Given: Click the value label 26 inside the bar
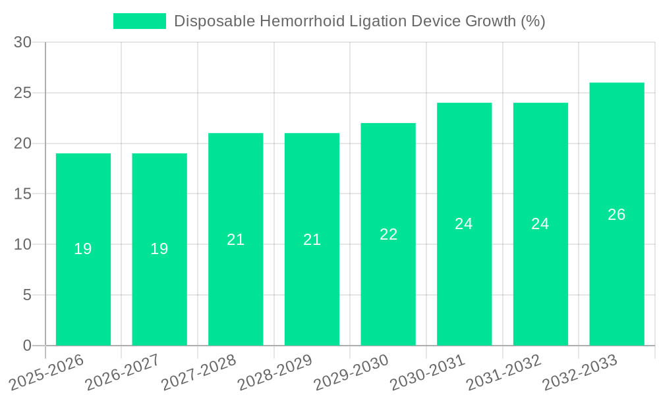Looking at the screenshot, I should (617, 215).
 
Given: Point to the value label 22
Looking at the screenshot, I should (388, 234).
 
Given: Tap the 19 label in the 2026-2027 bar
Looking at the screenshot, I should (159, 249).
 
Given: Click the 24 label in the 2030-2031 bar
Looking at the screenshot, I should (464, 224).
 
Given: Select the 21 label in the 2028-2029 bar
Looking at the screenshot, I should (312, 240).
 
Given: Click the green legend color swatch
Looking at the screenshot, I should (140, 21).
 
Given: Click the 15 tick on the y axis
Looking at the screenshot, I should (23, 194).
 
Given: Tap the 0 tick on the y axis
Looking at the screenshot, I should (27, 346).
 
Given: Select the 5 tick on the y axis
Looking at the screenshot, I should (27, 295).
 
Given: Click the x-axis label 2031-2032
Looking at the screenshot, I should (504, 372).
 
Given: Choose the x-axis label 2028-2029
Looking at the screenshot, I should (275, 372).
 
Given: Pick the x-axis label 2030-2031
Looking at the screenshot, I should (428, 372).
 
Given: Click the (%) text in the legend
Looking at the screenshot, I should (532, 21).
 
